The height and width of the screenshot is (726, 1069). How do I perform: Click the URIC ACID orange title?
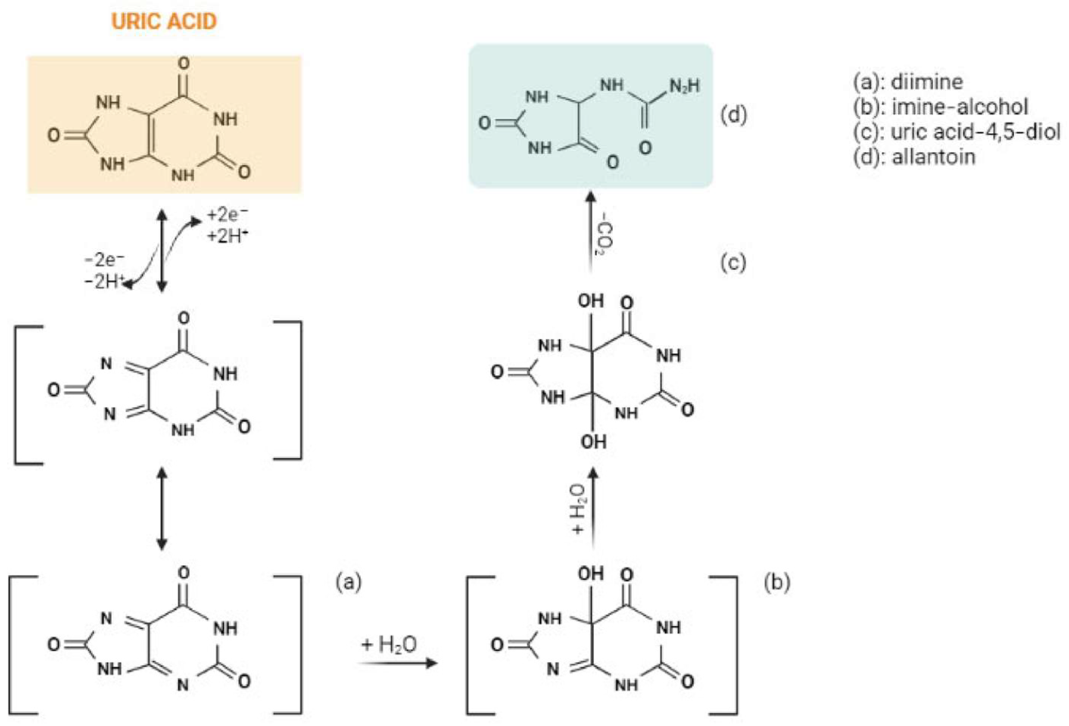(164, 22)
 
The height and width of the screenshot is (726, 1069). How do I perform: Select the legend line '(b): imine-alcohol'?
(940, 107)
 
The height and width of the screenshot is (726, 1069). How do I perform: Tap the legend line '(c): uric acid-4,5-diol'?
(956, 132)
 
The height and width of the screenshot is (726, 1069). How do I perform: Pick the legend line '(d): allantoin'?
(914, 157)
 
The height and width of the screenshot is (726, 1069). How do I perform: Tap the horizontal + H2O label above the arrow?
(389, 644)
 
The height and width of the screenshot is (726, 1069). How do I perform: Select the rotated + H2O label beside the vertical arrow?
(577, 508)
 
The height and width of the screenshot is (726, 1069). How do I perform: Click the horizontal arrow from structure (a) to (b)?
(398, 663)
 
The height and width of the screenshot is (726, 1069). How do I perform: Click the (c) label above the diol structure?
(733, 263)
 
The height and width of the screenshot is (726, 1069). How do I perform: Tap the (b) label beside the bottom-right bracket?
(777, 583)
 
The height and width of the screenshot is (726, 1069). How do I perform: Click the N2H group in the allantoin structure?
(685, 86)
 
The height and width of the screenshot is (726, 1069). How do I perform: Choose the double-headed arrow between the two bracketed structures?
(162, 508)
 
